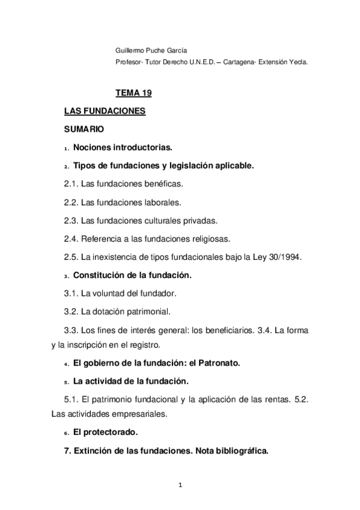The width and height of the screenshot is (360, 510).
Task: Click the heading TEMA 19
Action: (x=133, y=93)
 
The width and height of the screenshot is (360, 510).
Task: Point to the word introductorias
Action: (x=142, y=147)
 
